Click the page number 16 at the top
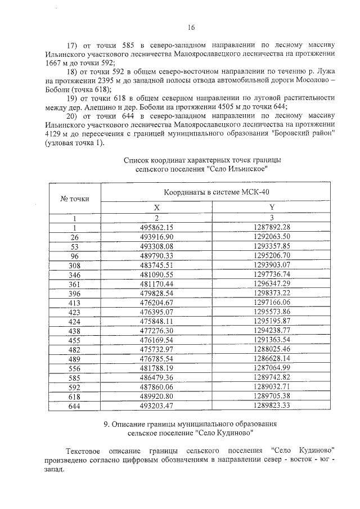[x=191, y=27]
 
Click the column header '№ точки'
[x=75, y=199]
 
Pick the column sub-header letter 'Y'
[x=272, y=208]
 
